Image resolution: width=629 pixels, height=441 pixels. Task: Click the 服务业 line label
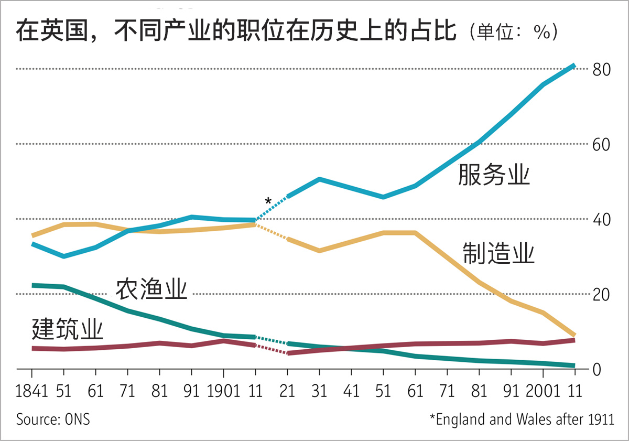pyautogui.click(x=494, y=175)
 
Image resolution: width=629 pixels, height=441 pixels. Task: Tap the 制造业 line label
pyautogui.click(x=498, y=254)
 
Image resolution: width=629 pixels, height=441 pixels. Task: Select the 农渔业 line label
pyautogui.click(x=151, y=289)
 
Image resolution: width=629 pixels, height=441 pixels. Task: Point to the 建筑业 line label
pyautogui.click(x=67, y=330)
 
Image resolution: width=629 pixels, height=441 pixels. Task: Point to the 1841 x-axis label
pyautogui.click(x=31, y=391)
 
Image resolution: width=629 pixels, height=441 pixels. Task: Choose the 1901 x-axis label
pyautogui.click(x=223, y=391)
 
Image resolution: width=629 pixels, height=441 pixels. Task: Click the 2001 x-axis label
pyautogui.click(x=542, y=391)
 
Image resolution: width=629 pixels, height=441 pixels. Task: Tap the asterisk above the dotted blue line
pyautogui.click(x=268, y=201)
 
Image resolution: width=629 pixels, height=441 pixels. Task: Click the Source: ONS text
pyautogui.click(x=53, y=420)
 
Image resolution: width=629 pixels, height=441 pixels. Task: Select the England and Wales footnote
pyautogui.click(x=522, y=420)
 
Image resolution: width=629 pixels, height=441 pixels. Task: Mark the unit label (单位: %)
pyautogui.click(x=514, y=33)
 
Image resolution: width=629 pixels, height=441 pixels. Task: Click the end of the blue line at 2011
pyautogui.click(x=574, y=66)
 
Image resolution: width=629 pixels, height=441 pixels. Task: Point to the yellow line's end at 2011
pyautogui.click(x=574, y=335)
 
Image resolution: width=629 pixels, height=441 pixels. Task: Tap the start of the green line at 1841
pyautogui.click(x=32, y=285)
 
